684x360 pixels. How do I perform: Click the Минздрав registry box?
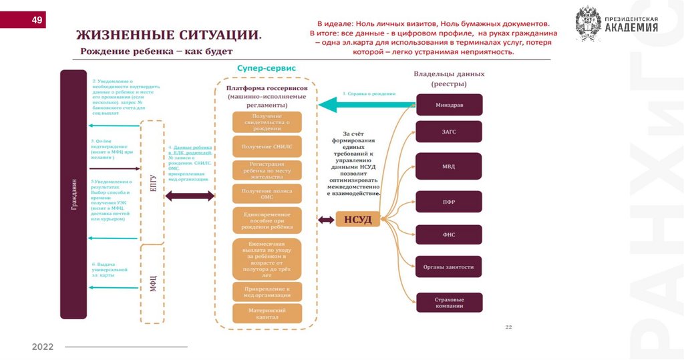[x=449, y=105]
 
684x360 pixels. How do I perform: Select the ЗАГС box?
[x=449, y=132]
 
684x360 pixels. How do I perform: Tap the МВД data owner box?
[x=449, y=166]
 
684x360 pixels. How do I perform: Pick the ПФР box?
[x=449, y=201]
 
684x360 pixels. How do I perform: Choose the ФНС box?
[x=449, y=234]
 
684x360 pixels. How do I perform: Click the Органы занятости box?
[x=449, y=267]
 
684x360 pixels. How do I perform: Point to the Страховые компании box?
[x=449, y=303]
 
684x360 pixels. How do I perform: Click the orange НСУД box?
[x=358, y=218]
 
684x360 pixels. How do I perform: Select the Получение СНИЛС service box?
[x=267, y=146]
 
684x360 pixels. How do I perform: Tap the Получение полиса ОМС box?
[x=267, y=194]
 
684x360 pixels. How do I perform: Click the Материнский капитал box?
[x=267, y=314]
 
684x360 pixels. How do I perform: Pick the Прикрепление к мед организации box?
[x=267, y=291]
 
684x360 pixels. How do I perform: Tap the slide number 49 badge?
[x=36, y=20]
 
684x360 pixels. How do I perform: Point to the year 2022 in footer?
[x=43, y=347]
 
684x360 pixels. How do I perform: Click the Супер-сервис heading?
[x=267, y=68]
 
